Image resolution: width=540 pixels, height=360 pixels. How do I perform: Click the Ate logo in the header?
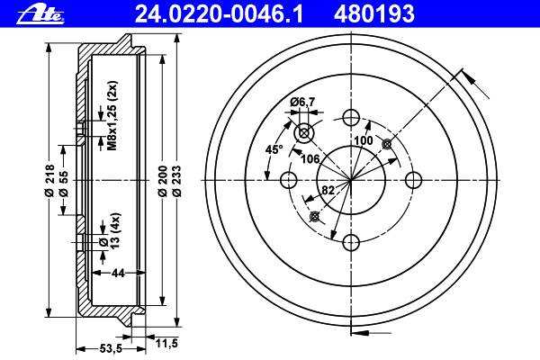coord(40,14)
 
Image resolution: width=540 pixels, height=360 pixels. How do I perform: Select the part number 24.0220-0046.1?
coord(219,14)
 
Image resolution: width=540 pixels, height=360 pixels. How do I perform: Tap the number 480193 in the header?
coord(374,14)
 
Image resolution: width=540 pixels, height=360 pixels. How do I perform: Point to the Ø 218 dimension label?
coord(49,180)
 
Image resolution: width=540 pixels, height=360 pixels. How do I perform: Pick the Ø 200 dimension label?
coord(163,181)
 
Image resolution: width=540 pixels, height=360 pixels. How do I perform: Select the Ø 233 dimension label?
coord(175,181)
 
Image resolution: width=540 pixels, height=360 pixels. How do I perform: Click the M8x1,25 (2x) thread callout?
coord(112,116)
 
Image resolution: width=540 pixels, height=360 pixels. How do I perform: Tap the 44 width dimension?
coord(118,274)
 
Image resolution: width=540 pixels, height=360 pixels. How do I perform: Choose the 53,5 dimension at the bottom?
coord(111,348)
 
